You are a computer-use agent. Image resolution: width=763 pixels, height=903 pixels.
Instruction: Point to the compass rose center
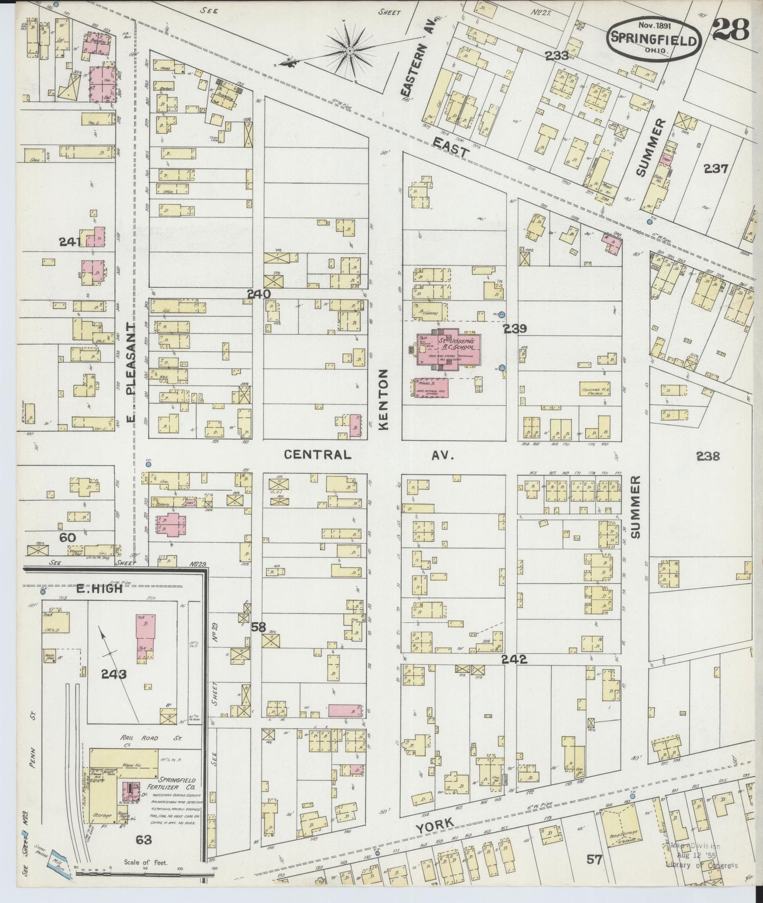350,51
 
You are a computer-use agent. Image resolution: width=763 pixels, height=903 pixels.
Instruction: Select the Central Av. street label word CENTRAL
317,455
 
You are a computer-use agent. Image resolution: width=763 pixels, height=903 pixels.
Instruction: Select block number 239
515,328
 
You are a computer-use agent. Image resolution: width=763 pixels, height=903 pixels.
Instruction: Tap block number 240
259,294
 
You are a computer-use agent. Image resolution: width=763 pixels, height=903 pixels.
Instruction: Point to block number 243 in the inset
114,674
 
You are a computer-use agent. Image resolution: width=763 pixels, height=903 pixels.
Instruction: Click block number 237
715,169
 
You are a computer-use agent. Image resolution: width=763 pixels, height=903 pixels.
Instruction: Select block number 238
708,456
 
